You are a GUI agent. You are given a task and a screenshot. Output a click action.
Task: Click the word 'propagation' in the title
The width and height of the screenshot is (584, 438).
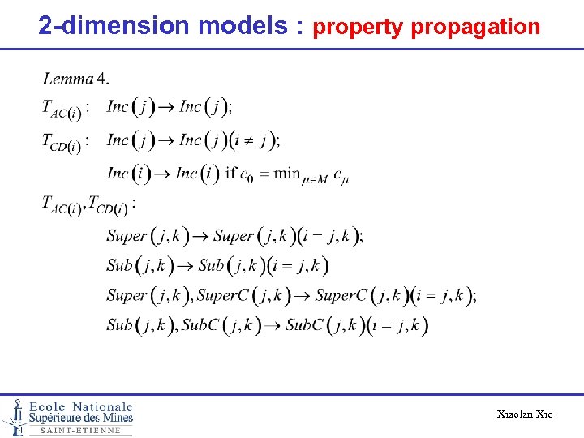[x=475, y=27]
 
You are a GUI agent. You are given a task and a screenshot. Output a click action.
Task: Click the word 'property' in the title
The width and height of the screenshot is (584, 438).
[x=358, y=27]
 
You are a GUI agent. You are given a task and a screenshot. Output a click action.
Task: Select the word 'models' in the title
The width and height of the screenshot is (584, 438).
[x=243, y=25]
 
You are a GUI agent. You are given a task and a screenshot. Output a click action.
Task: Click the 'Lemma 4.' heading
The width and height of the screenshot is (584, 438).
[x=75, y=79]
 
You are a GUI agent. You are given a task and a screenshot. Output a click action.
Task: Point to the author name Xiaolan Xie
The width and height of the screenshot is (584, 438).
[x=524, y=414]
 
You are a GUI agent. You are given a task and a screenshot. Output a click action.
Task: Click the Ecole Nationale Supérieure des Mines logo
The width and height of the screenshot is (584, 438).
[x=68, y=416]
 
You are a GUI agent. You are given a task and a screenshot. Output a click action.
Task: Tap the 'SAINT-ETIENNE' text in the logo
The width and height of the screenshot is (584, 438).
[x=80, y=431]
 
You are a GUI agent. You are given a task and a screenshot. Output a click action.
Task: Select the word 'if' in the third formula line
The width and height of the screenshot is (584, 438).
[x=230, y=173]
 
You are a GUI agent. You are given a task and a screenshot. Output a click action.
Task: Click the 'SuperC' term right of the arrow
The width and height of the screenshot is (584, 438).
[x=341, y=295]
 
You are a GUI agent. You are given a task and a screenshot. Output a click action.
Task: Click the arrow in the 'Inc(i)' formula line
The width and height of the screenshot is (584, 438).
[x=163, y=173]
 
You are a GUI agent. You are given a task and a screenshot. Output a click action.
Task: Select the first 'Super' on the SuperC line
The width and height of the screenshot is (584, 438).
[x=127, y=295]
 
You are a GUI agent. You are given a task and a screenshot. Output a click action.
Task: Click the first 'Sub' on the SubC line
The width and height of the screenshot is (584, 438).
[x=119, y=325]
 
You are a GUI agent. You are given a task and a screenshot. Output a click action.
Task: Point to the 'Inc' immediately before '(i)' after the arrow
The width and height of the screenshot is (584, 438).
[x=187, y=173]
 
